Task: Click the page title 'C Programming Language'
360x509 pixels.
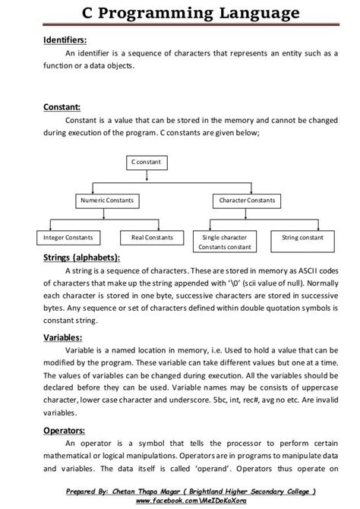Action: [180, 13]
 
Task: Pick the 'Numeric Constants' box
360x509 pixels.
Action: [106, 201]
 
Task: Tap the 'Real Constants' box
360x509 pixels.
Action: [152, 238]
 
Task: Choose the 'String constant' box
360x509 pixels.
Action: [302, 238]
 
